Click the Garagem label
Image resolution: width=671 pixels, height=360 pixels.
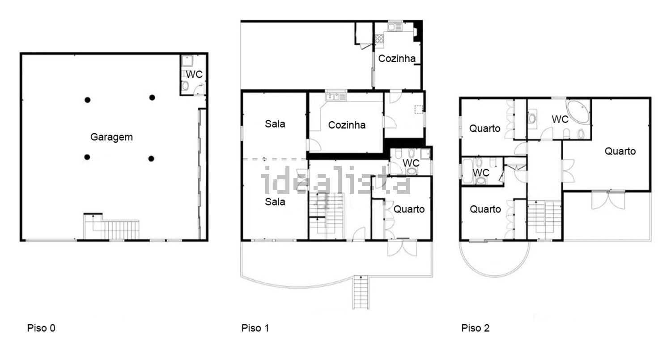(x=111, y=137)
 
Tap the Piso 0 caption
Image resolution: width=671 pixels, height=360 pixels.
(x=41, y=328)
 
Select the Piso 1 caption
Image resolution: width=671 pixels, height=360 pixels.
(x=255, y=328)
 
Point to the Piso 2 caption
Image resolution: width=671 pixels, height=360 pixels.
(x=476, y=328)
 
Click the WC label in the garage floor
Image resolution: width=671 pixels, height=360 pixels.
(x=194, y=74)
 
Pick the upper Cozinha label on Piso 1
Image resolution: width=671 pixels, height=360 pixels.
(x=397, y=59)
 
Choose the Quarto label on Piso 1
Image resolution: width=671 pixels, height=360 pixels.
(x=409, y=209)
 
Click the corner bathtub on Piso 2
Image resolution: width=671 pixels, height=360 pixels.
(x=578, y=111)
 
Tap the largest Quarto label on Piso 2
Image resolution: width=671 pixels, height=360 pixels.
(x=620, y=151)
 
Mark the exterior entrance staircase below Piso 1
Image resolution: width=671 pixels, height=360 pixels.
(x=361, y=292)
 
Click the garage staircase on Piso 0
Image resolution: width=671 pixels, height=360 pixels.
(x=111, y=227)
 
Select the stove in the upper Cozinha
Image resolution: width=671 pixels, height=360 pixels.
(x=379, y=39)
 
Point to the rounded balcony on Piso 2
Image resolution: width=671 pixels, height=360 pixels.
(x=495, y=259)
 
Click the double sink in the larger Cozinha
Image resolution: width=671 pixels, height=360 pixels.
(x=336, y=97)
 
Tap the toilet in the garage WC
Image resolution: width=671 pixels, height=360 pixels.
(x=186, y=86)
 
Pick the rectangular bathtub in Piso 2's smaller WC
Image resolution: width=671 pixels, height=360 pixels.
(x=467, y=171)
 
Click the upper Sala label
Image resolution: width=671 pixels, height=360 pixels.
(x=275, y=124)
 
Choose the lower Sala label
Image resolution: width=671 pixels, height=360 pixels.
(x=275, y=202)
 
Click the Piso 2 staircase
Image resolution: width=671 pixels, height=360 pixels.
(x=544, y=220)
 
